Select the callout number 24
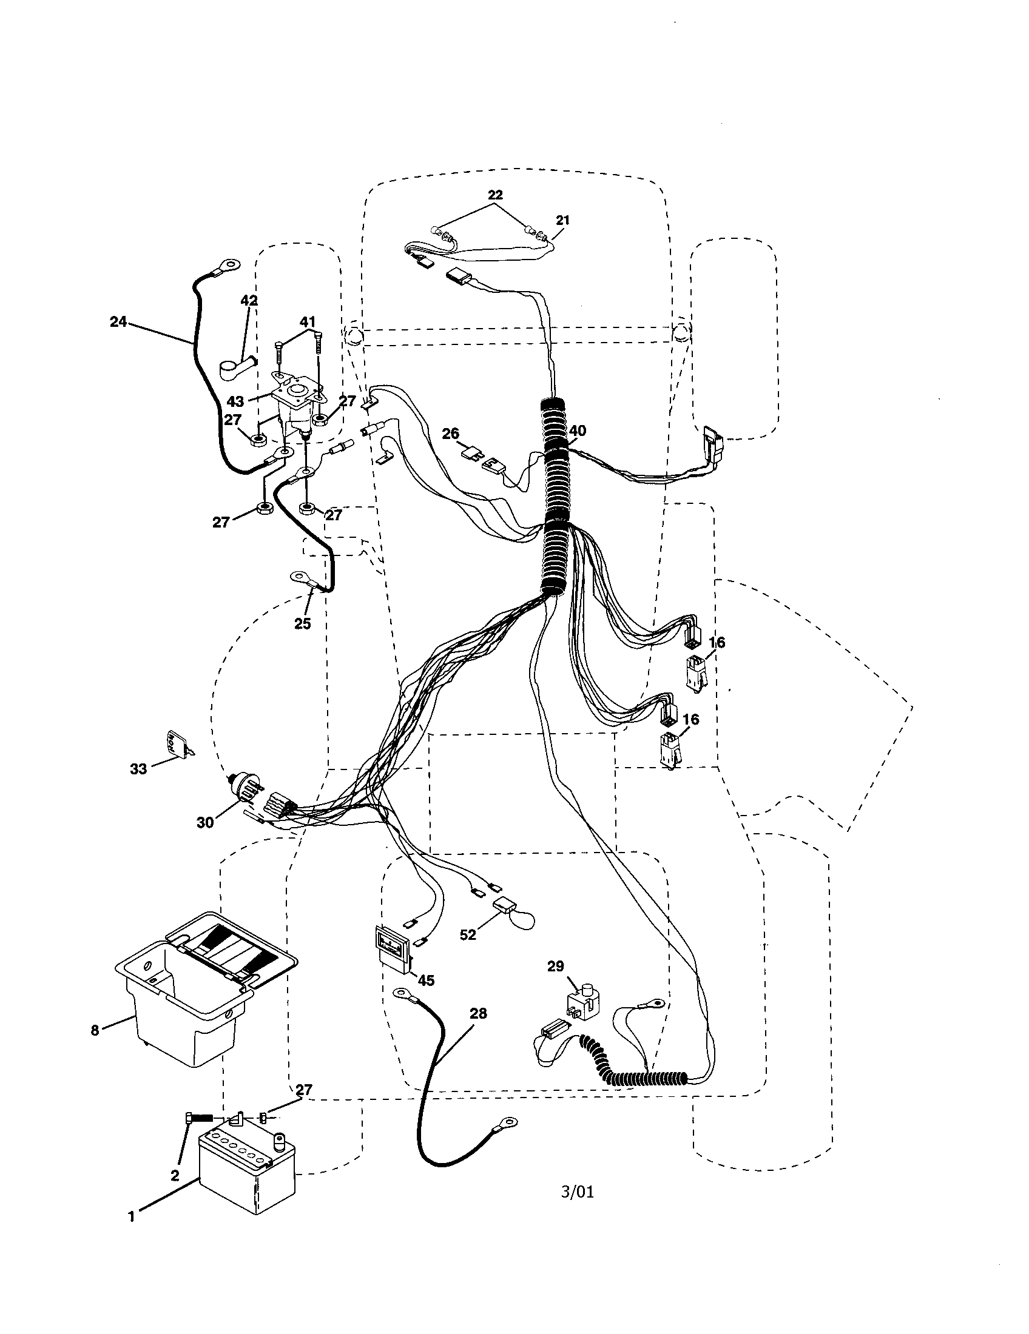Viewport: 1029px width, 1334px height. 118,321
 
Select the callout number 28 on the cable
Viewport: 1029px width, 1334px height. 478,1013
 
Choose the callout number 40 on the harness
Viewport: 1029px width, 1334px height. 577,431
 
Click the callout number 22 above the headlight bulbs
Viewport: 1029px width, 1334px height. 495,195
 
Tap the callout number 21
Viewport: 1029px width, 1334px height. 562,220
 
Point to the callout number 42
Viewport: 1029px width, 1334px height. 249,301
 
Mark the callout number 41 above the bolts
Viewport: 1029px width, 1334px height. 308,321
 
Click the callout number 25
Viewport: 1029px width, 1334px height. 303,623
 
